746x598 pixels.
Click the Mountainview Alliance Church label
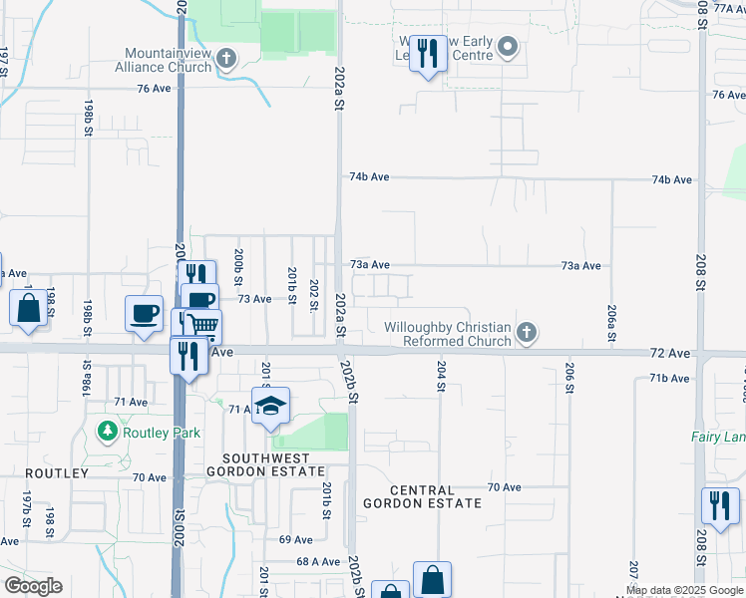click(x=169, y=60)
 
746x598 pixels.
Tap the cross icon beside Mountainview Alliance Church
click(x=226, y=59)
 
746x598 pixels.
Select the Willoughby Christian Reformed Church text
click(x=448, y=334)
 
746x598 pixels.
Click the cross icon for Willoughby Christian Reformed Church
click(x=527, y=333)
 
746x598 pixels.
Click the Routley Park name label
click(x=161, y=433)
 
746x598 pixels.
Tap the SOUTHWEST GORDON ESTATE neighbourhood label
click(x=265, y=462)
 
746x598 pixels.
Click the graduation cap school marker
click(x=270, y=406)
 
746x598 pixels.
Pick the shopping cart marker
click(x=202, y=324)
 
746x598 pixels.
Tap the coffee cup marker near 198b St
click(x=144, y=312)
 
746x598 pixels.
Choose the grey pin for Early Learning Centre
click(x=508, y=47)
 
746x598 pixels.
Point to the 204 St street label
click(x=440, y=374)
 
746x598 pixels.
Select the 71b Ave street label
click(x=669, y=379)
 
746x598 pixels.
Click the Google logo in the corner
click(x=33, y=586)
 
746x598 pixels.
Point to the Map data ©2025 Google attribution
click(x=685, y=590)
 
